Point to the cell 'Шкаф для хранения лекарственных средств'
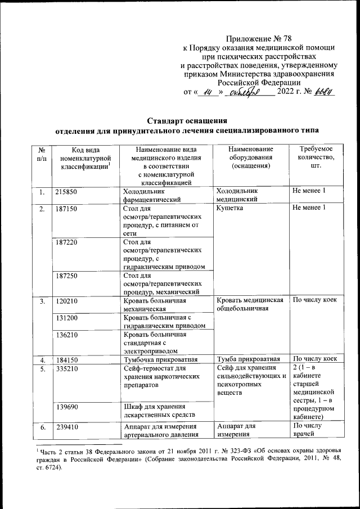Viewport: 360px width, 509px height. (158, 411)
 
